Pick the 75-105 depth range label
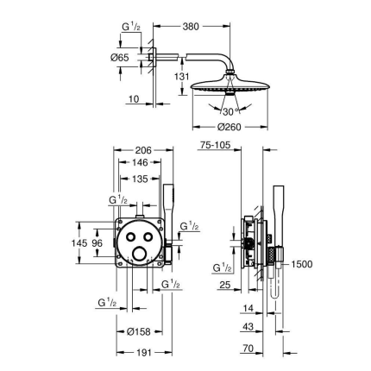point(215,148)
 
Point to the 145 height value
point(80,244)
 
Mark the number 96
point(97,244)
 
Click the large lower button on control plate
point(138,254)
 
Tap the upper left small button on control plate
point(129,236)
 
